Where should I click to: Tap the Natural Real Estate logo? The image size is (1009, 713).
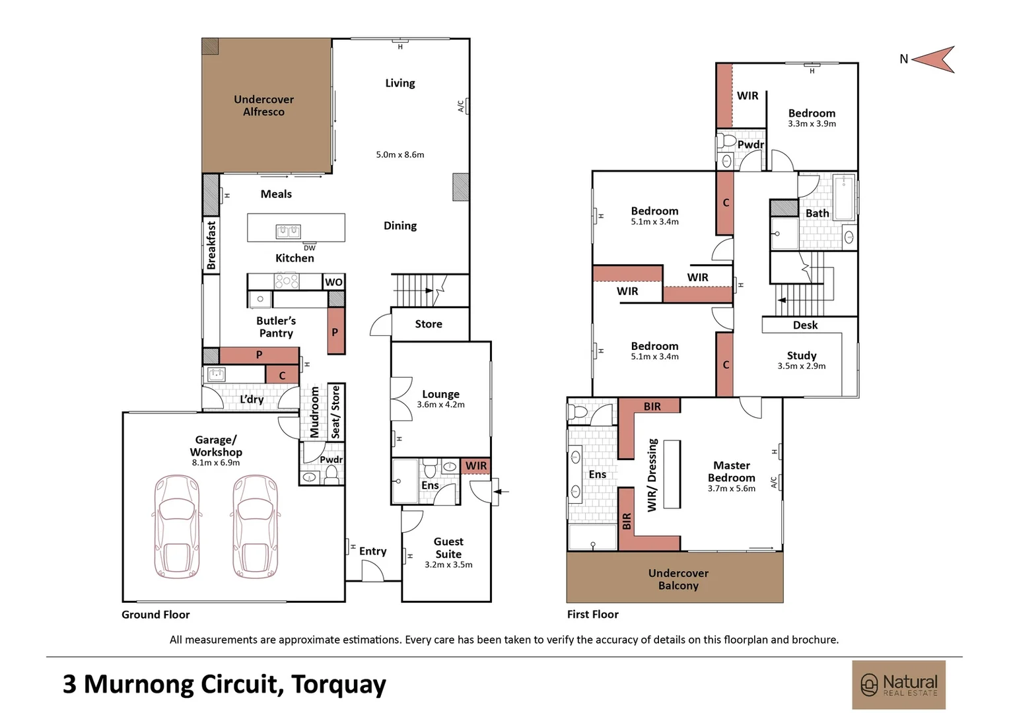pos(899,685)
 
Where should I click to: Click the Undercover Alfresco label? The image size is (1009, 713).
pos(263,106)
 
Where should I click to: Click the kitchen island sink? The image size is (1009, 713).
pos(288,231)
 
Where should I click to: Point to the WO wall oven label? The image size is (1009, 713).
pos(333,282)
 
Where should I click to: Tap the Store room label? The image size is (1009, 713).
pos(429,324)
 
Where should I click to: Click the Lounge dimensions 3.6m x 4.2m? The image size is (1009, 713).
pos(440,405)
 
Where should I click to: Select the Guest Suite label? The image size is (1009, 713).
pos(448,548)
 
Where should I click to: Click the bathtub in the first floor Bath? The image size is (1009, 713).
pos(843,197)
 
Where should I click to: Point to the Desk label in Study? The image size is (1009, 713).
pos(805,325)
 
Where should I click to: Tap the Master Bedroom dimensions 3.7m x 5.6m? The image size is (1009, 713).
pos(731,489)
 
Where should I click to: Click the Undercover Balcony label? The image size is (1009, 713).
pos(678,579)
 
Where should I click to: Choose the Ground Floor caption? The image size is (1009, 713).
pos(156,615)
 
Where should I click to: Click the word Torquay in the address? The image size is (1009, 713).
pos(338,685)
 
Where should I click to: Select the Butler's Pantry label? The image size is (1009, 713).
pos(276,327)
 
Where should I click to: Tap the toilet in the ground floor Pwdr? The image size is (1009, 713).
pos(331,474)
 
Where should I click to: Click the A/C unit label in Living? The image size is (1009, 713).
pos(461,106)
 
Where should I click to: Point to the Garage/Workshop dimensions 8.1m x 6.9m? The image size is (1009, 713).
pos(216,463)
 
